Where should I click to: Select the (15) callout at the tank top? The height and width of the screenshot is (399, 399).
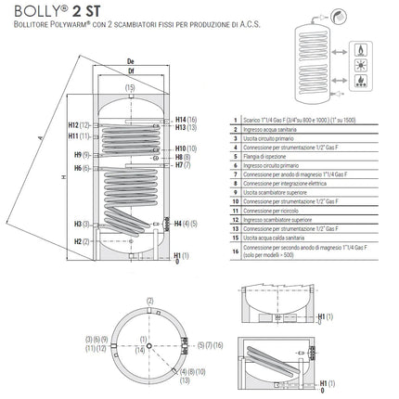coord(130,87)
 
